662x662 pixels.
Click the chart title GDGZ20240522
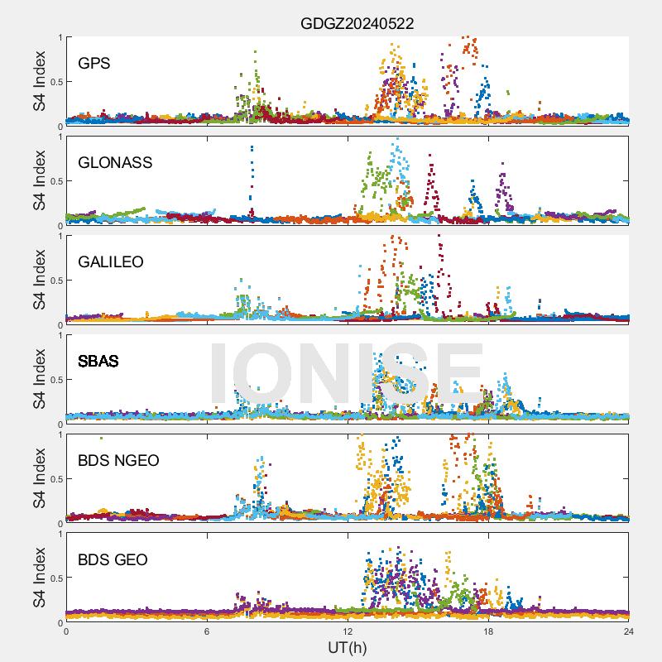pyautogui.click(x=357, y=25)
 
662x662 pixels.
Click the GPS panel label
pyautogui.click(x=94, y=63)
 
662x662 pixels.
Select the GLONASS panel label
pyautogui.click(x=115, y=162)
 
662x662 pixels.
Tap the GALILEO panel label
pyautogui.click(x=111, y=261)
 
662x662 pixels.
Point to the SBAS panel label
pyautogui.click(x=98, y=361)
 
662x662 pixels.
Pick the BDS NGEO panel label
pyautogui.click(x=118, y=460)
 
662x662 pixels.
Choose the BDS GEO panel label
pyautogui.click(x=113, y=560)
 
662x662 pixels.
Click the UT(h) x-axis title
pyautogui.click(x=348, y=647)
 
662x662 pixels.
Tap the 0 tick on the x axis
pyautogui.click(x=66, y=631)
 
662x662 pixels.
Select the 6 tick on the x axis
pyautogui.click(x=207, y=631)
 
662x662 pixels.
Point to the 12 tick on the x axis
pyautogui.click(x=348, y=631)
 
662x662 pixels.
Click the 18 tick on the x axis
pyautogui.click(x=488, y=631)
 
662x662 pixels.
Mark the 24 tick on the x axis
pyautogui.click(x=629, y=631)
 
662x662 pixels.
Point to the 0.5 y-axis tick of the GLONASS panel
pyautogui.click(x=55, y=181)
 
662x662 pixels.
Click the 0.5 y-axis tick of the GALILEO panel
pyautogui.click(x=55, y=281)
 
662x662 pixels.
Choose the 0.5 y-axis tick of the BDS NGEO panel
pyautogui.click(x=55, y=479)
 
